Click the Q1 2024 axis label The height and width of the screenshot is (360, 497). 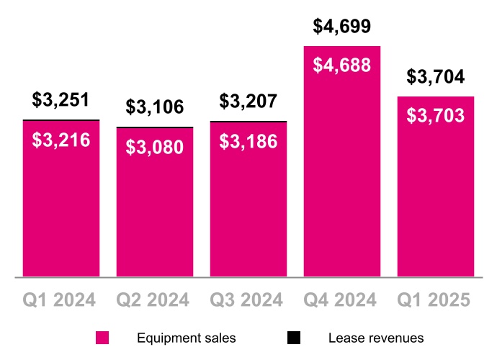point(61,300)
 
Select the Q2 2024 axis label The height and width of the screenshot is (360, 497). point(155,300)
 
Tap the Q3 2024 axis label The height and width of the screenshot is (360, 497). point(248,300)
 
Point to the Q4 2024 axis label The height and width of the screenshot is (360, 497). point(342,300)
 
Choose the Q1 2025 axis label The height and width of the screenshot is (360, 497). point(436,300)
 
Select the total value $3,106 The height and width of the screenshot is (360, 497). point(155,108)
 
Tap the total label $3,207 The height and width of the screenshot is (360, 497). point(248,102)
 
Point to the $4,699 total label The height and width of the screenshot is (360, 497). point(342,27)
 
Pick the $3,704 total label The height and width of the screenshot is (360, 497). point(436,77)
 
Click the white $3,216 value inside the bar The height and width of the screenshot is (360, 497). point(61,140)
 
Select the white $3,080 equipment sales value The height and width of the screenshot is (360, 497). point(155,148)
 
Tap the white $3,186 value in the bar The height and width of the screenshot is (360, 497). point(248,141)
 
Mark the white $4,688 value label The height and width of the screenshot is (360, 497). point(342,66)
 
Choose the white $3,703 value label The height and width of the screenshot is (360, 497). point(436,115)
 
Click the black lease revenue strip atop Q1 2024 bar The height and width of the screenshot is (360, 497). point(61,120)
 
